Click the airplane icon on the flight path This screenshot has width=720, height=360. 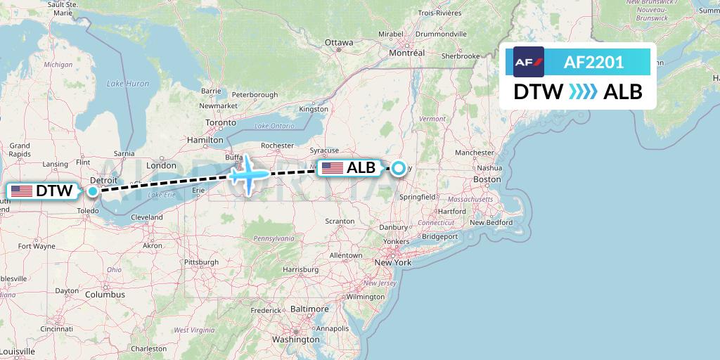pos(247,174)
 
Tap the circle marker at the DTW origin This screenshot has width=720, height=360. pos(92,191)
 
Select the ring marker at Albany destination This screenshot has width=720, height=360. pos(399,168)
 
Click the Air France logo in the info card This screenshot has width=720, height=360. pos(529,62)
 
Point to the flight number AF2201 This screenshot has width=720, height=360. pos(593,62)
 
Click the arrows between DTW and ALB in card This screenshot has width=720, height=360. pos(583,91)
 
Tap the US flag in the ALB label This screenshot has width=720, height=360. pos(333,168)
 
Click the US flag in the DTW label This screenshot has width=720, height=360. pos(22,191)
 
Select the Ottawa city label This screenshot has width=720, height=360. pos(339,43)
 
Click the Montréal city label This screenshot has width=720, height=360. pos(407,53)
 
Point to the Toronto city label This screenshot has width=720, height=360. pos(221,122)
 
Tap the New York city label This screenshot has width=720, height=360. pos(392,262)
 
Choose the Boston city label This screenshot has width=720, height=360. pos(487,180)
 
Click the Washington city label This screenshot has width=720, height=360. pos(295,340)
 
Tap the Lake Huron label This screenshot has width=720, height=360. pos(128,84)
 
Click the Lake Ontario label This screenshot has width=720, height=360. pos(274,126)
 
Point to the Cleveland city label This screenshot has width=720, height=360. pos(146,218)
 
